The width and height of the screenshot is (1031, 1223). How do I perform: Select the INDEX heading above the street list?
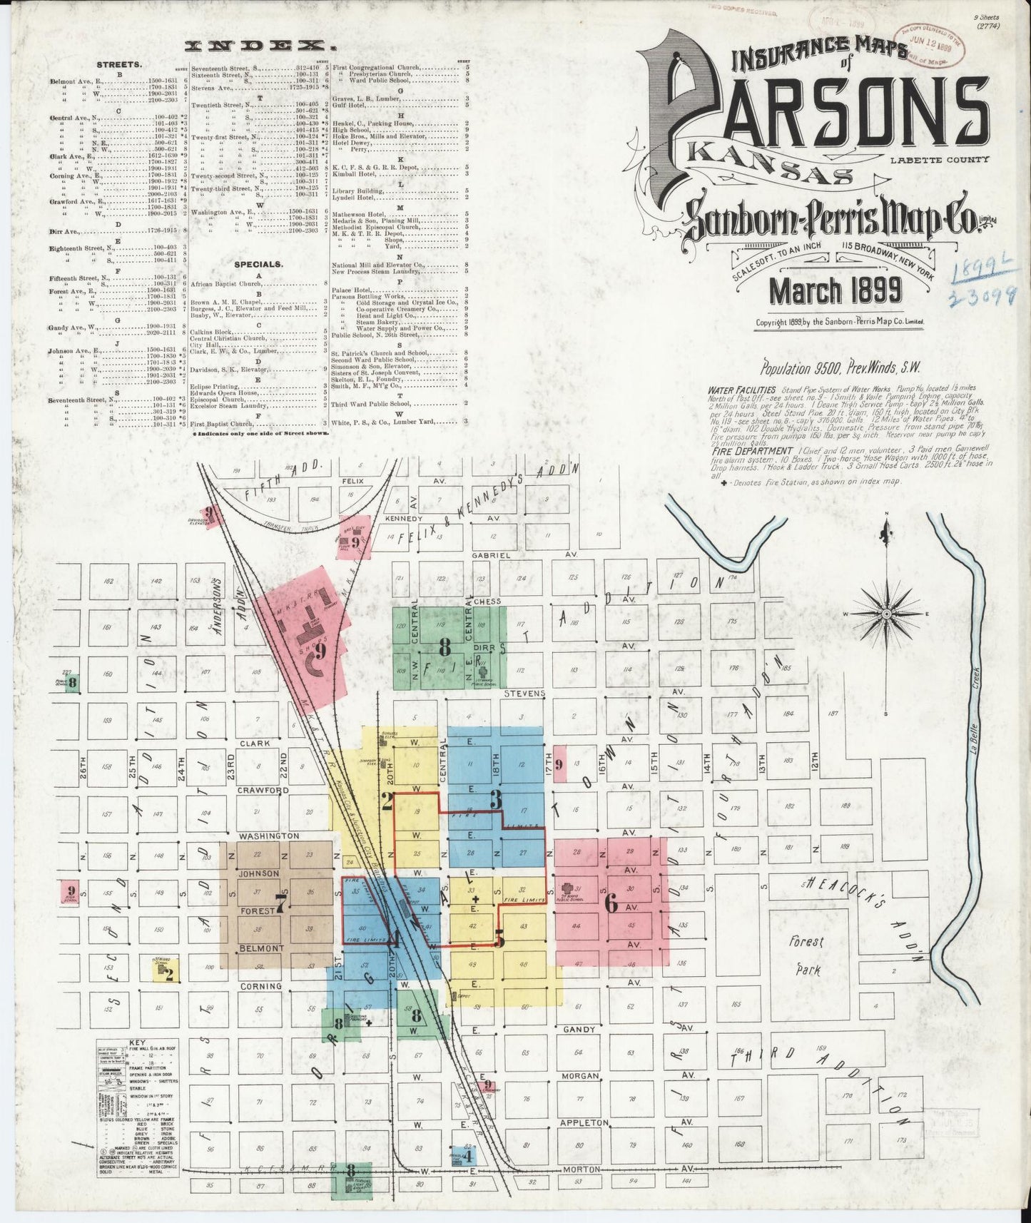click(x=260, y=47)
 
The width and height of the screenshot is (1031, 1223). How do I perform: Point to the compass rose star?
click(x=885, y=613)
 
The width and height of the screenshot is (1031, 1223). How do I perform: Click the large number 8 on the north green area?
click(x=445, y=647)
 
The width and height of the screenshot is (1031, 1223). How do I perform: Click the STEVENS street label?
click(x=524, y=693)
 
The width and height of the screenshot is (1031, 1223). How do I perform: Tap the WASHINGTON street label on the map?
click(x=269, y=836)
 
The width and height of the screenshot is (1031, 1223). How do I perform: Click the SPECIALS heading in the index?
click(x=258, y=264)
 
